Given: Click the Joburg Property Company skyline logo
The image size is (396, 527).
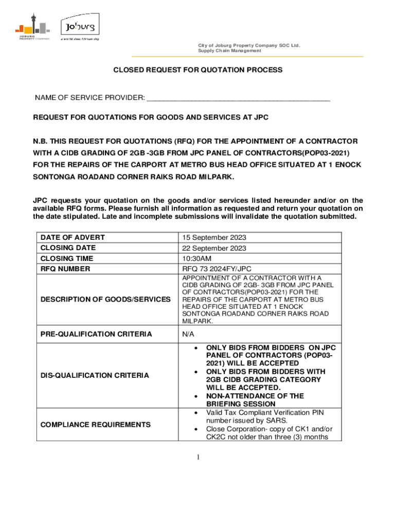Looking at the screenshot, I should (32, 27).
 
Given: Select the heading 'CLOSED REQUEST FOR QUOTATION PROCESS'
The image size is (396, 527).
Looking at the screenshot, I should (198, 69).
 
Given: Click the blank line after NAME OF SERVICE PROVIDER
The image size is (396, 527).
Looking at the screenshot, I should (238, 98).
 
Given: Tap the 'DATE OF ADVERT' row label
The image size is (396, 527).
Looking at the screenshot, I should (73, 237).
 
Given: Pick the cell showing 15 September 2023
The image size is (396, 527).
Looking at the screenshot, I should (214, 238).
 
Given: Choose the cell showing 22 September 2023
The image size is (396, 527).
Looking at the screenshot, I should (214, 248).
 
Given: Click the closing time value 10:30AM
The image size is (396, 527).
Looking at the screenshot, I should (197, 258).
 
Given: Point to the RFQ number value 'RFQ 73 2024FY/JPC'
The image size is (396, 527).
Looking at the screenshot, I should (217, 269).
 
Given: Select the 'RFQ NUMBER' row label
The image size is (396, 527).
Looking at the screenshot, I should (65, 269).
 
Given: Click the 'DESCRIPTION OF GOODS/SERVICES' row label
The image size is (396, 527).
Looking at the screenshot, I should (105, 299).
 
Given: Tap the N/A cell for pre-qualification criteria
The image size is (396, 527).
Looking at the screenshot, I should (188, 334).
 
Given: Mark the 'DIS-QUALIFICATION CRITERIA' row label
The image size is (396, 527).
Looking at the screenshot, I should (95, 375).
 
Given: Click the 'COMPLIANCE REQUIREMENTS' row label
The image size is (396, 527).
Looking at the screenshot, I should (96, 425).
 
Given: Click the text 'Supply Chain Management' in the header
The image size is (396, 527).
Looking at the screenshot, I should (229, 51).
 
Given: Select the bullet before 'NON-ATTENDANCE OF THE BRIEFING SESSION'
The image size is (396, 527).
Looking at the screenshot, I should (195, 396).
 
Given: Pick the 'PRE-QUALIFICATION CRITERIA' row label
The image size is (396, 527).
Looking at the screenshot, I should (96, 334).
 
